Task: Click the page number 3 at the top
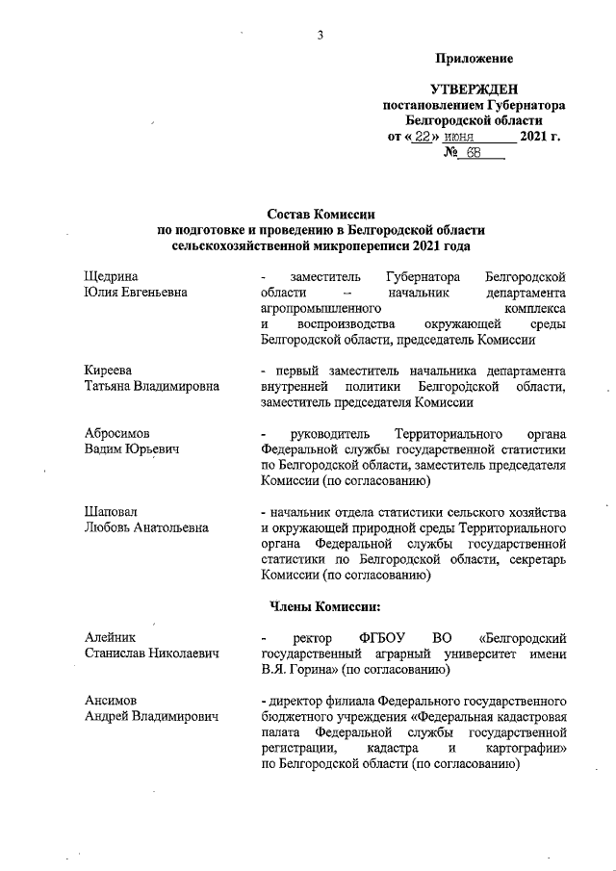click(x=319, y=37)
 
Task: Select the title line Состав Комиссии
click(x=321, y=215)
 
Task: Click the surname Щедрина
click(x=112, y=275)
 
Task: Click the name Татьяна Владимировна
click(x=151, y=387)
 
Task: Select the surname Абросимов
click(x=117, y=433)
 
